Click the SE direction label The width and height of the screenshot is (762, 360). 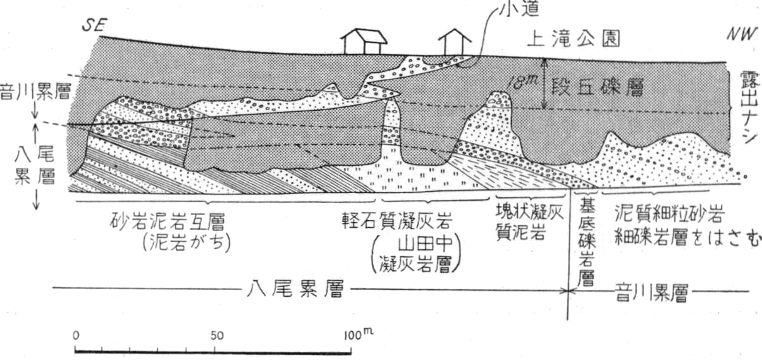tap(94, 25)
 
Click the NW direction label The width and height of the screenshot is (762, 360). tap(741, 34)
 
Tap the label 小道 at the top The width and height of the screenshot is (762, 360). tap(519, 9)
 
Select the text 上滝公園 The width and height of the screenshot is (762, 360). tap(574, 39)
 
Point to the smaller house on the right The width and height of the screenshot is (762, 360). tap(455, 42)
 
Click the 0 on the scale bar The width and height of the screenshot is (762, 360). tap(76, 335)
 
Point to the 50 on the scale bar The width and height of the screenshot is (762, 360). tap(217, 336)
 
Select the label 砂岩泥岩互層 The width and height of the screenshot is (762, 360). tap(168, 222)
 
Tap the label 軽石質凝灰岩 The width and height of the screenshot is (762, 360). tap(397, 221)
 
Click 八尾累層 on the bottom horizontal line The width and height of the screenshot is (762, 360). tap(295, 289)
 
